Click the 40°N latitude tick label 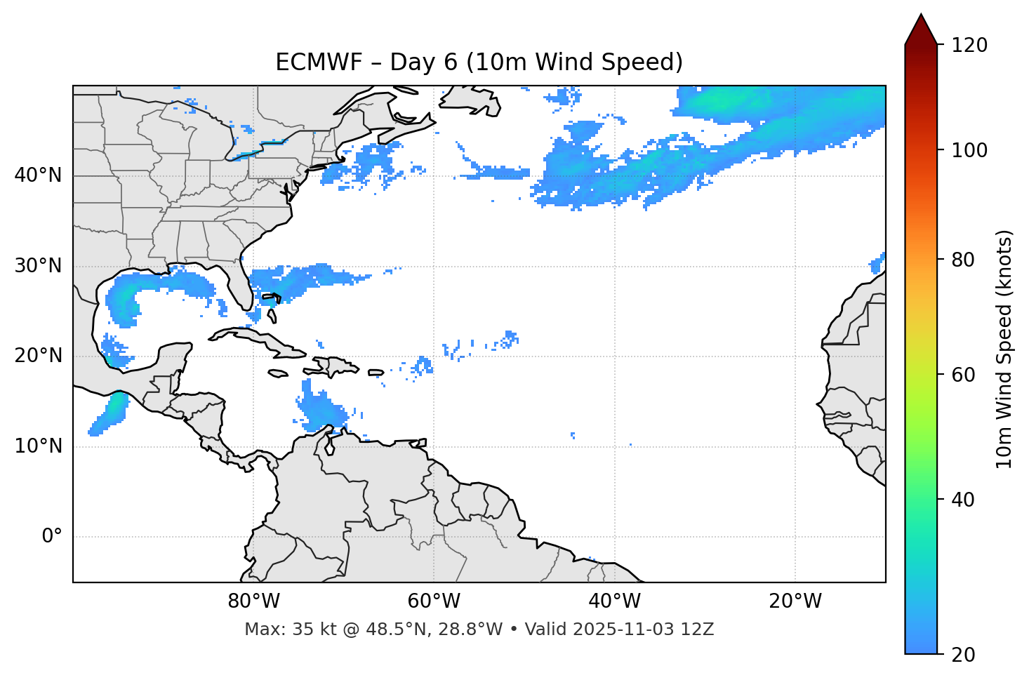pyautogui.click(x=38, y=175)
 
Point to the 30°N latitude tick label pyautogui.click(x=38, y=266)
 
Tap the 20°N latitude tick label pyautogui.click(x=38, y=356)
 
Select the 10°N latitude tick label pyautogui.click(x=38, y=446)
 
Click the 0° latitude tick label pyautogui.click(x=52, y=537)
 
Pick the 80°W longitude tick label pyautogui.click(x=253, y=601)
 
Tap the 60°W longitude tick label pyautogui.click(x=434, y=601)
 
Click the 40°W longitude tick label pyautogui.click(x=615, y=601)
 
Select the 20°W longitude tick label pyautogui.click(x=795, y=601)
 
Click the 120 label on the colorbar pyautogui.click(x=969, y=46)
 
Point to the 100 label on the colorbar pyautogui.click(x=969, y=150)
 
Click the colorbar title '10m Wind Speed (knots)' pyautogui.click(x=1004, y=349)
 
